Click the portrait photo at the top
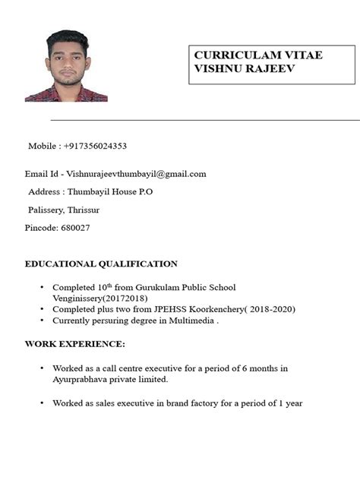[66, 66]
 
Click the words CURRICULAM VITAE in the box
[248, 55]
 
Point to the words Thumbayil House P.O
[110, 192]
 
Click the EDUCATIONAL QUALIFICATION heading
[101, 264]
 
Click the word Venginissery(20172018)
[95, 298]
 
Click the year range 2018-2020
[269, 309]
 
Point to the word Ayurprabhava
[84, 379]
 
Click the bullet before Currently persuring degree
[42, 321]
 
